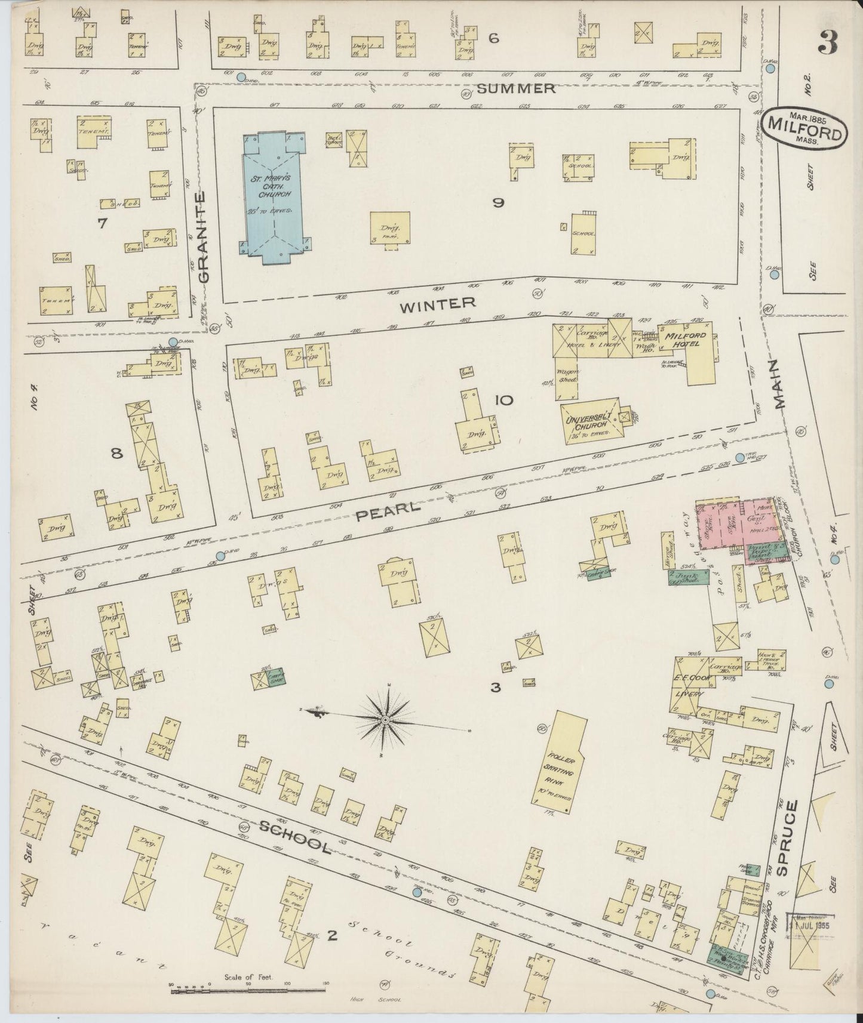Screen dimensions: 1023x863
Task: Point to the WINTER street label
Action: tap(438, 304)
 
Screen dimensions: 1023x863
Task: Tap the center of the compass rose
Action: tap(385, 721)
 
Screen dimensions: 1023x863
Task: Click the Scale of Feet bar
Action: tap(248, 991)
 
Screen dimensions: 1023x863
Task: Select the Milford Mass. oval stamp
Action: tap(805, 127)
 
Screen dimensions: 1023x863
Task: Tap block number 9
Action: tap(498, 203)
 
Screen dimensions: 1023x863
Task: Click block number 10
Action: tap(503, 400)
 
